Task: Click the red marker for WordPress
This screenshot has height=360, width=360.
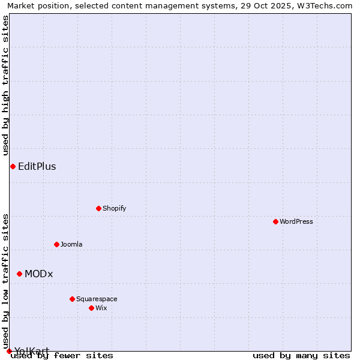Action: (275, 221)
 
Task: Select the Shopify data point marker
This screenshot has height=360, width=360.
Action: (98, 208)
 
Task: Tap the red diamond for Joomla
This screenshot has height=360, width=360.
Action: (56, 244)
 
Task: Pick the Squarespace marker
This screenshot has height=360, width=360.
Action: (72, 299)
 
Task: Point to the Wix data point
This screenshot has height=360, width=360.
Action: (91, 308)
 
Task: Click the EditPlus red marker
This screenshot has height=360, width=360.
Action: (13, 166)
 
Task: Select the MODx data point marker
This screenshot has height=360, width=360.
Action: (19, 274)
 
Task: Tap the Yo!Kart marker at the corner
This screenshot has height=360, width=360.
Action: (9, 351)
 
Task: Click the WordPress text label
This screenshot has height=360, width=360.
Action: (296, 221)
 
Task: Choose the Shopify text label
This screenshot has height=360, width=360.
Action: (114, 208)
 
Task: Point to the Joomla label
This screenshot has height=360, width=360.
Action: (71, 244)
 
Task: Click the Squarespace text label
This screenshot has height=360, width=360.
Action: (97, 299)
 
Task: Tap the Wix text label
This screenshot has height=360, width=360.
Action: (101, 308)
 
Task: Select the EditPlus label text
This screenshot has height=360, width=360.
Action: (37, 166)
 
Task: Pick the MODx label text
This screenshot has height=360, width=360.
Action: (39, 274)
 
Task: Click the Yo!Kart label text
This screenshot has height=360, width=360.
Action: (32, 350)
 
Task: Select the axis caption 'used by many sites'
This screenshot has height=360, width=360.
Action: (301, 355)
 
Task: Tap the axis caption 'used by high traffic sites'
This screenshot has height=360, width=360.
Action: (5, 85)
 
